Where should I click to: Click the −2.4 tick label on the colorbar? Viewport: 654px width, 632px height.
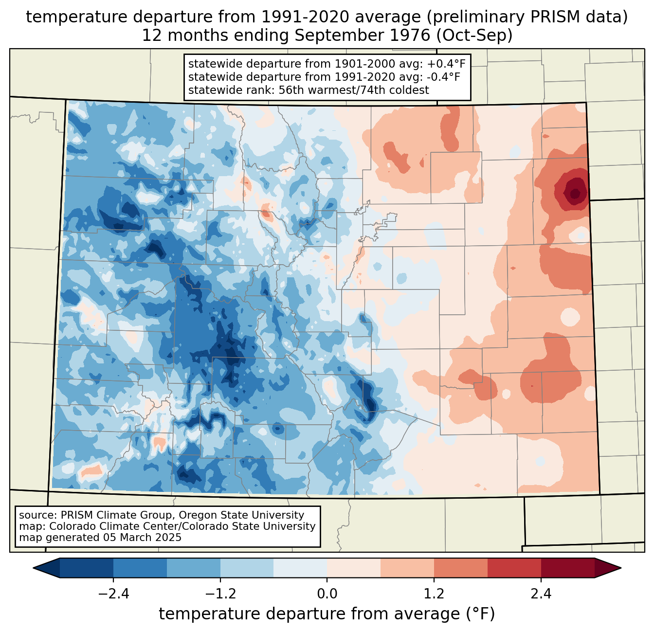pos(113,594)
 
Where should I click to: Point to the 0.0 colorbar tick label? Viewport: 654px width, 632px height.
pos(327,594)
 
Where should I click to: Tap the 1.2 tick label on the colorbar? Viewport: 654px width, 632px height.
pos(434,594)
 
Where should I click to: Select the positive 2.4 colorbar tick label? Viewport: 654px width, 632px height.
pos(541,594)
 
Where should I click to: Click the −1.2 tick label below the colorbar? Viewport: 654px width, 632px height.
pos(220,594)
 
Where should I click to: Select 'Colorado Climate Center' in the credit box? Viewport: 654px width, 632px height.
pos(106,526)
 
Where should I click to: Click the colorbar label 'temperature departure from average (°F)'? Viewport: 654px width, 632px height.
pos(327,614)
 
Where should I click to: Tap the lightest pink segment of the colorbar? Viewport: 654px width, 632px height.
pos(354,568)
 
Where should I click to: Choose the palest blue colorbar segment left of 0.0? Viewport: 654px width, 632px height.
pos(300,568)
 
